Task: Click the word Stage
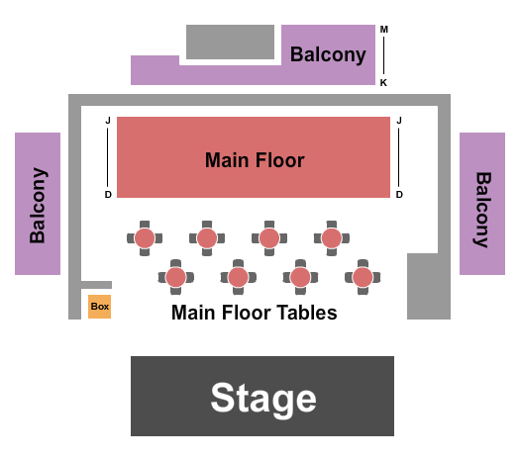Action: click(x=262, y=399)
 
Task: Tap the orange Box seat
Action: click(x=99, y=307)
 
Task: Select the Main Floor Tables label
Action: click(x=255, y=313)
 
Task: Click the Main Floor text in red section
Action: click(x=255, y=159)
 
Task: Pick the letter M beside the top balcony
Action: click(x=383, y=29)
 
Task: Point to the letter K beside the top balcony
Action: click(x=383, y=83)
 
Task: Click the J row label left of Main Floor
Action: click(x=108, y=121)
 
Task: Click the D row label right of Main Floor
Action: click(x=399, y=195)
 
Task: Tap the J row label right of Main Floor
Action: click(x=399, y=121)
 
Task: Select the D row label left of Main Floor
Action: click(x=108, y=195)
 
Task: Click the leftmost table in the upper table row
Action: click(x=145, y=238)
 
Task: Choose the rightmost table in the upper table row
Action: click(x=331, y=238)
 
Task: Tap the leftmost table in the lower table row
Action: click(x=175, y=278)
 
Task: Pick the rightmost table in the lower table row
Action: click(x=363, y=278)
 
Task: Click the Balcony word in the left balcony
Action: click(x=38, y=205)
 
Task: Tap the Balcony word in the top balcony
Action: click(x=328, y=55)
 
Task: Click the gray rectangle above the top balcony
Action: click(x=230, y=42)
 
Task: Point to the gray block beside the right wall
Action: click(x=428, y=286)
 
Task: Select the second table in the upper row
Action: click(x=207, y=238)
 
